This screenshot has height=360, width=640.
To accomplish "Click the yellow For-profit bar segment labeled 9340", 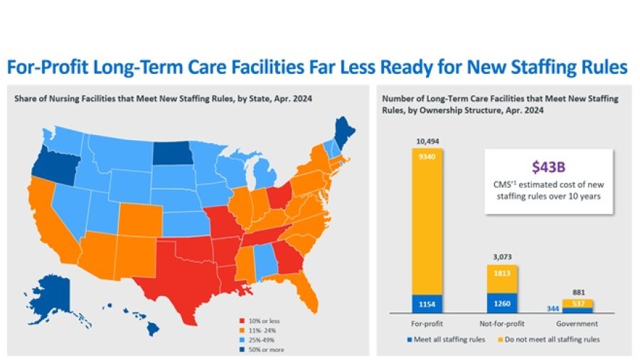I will pos(426,221).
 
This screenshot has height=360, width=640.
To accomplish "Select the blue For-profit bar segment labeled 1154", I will pos(426,304).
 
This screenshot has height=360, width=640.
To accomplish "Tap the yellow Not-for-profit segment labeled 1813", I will pos(503,279).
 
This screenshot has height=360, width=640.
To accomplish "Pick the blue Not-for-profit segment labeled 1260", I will pos(503,303).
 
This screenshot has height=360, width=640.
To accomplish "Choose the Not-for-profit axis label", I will pos(503,323).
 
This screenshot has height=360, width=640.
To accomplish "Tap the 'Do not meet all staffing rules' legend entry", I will pos(551,339).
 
